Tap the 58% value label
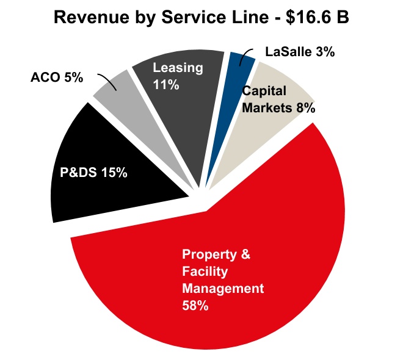(195, 305)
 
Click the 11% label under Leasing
(166, 85)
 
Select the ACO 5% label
(56, 78)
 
